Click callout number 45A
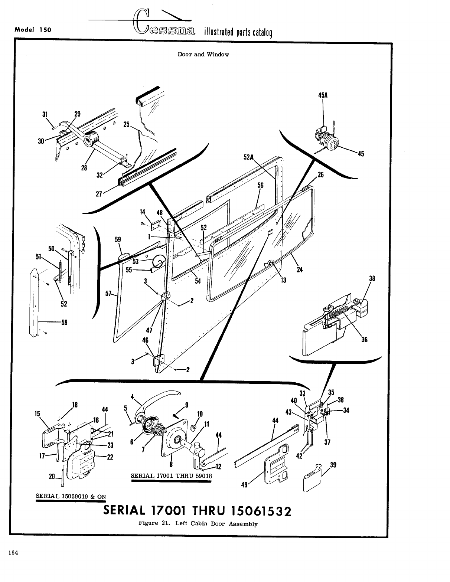pyautogui.click(x=323, y=95)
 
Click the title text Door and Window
pyautogui.click(x=203, y=55)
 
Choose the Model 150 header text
pyautogui.click(x=33, y=30)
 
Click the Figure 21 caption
pyautogui.click(x=198, y=524)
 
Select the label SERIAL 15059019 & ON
pyautogui.click(x=71, y=496)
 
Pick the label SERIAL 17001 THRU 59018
pyautogui.click(x=171, y=476)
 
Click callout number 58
pyautogui.click(x=64, y=322)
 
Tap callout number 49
pyautogui.click(x=244, y=485)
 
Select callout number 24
pyautogui.click(x=300, y=269)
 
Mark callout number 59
pyautogui.click(x=118, y=240)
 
